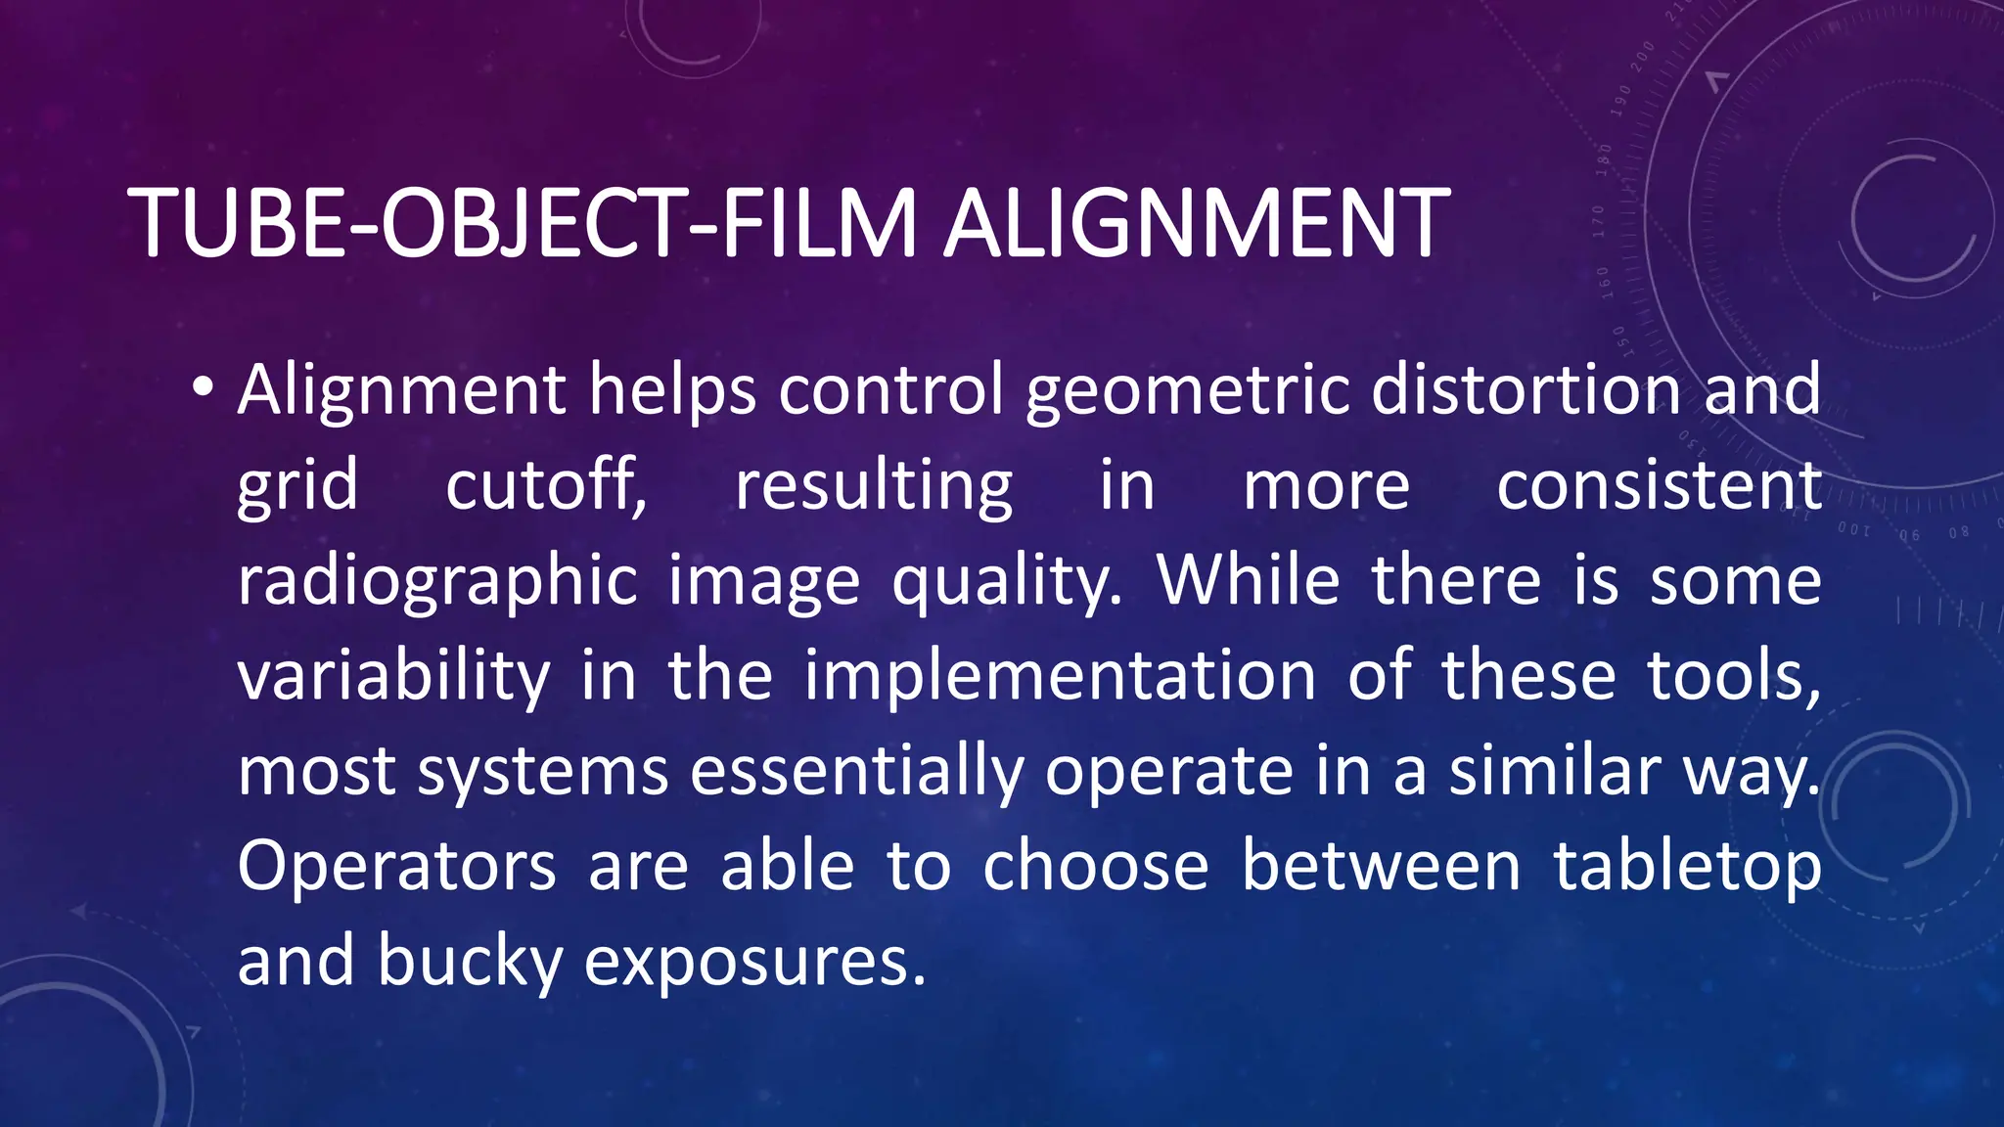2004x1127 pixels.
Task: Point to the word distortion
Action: [1526, 389]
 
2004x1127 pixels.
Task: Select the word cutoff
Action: [546, 485]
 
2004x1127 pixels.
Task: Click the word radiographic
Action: [437, 581]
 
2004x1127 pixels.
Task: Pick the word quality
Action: [1007, 581]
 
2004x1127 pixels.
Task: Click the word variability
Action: [393, 676]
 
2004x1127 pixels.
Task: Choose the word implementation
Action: [1060, 676]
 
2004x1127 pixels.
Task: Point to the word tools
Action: [1734, 676]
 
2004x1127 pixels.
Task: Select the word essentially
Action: [856, 771]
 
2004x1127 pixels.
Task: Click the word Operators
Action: [396, 867]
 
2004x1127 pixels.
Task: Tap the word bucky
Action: [470, 962]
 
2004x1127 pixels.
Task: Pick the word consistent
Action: [1659, 485]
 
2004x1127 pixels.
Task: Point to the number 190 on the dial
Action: [1621, 100]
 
